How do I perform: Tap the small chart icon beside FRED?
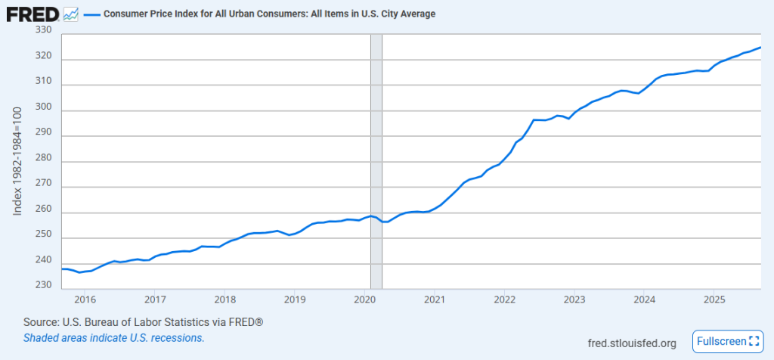point(71,14)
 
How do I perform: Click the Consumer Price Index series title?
point(269,14)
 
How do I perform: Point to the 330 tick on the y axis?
point(43,30)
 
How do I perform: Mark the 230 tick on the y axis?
point(43,286)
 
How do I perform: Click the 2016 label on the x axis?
point(85,299)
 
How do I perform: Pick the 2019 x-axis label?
point(295,299)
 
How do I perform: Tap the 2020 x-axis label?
point(365,299)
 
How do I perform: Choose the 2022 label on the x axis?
point(505,299)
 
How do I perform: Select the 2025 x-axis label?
point(715,299)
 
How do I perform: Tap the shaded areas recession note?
point(114,338)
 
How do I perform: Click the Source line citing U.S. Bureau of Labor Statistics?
point(144,323)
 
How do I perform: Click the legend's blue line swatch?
point(92,14)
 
